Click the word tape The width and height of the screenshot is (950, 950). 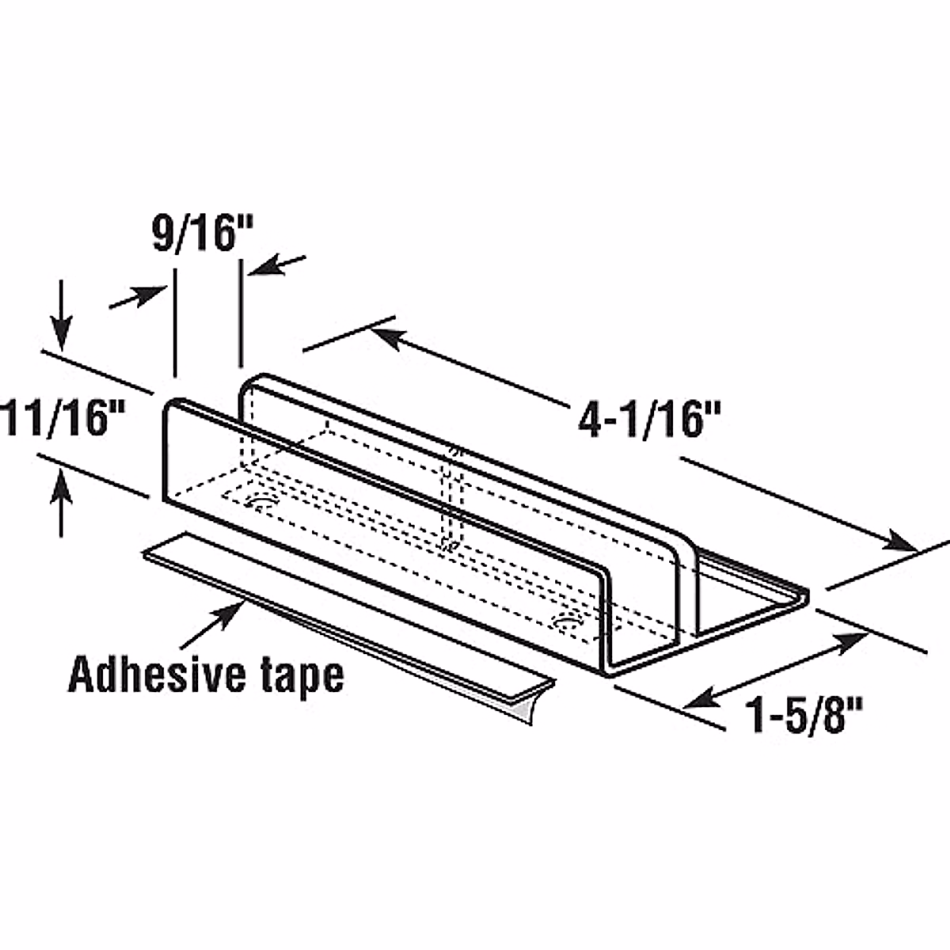coord(303,677)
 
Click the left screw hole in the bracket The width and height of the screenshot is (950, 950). coord(259,502)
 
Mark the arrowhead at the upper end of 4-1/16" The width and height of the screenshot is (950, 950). coord(383,334)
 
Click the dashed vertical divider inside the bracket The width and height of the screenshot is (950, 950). coord(451,499)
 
